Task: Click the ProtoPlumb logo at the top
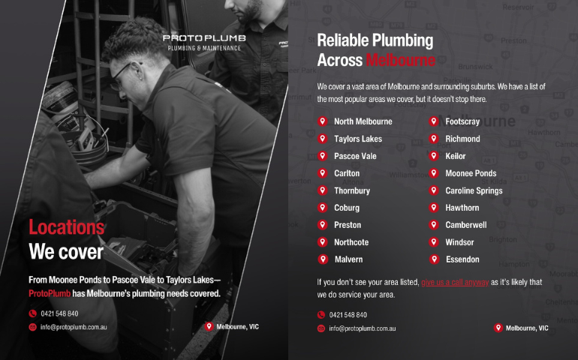click(204, 42)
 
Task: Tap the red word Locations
click(67, 227)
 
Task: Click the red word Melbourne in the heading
click(400, 60)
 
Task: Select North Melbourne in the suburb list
click(363, 121)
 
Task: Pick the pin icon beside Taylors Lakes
click(323, 139)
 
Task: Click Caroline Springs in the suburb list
click(474, 190)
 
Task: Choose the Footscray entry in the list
click(462, 121)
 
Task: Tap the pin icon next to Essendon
click(434, 259)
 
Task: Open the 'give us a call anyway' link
click(455, 282)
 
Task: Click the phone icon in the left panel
click(33, 313)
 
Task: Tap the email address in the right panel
click(363, 328)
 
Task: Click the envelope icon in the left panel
click(33, 327)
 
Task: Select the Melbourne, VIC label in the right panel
click(527, 328)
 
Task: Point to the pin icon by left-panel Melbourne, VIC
click(209, 326)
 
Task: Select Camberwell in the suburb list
click(466, 225)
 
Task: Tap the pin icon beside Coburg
click(323, 208)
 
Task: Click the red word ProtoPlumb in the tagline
click(50, 294)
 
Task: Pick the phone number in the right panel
click(348, 315)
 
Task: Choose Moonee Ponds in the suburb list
click(471, 173)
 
